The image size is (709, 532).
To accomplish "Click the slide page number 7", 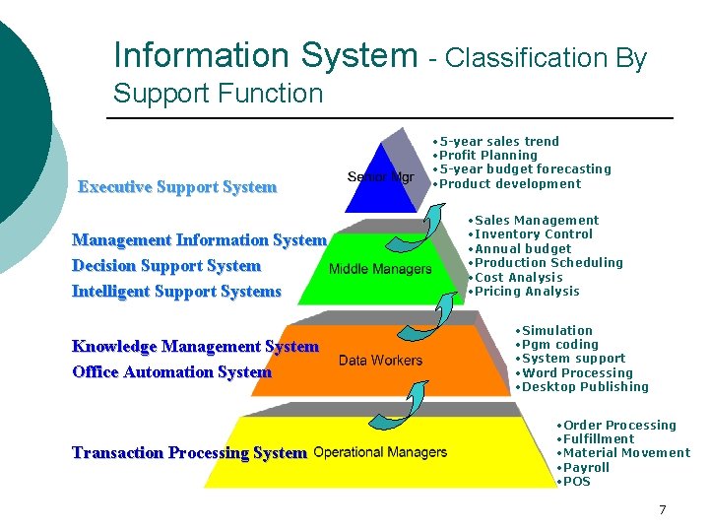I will [662, 510].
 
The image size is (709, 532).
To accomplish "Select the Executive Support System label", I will [177, 187].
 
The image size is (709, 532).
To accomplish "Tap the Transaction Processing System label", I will [189, 453].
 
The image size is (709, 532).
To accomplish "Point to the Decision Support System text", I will [166, 266].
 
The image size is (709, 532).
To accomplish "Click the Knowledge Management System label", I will [195, 347].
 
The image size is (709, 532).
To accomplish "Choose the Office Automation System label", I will [171, 372].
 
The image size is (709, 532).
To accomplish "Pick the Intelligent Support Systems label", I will [176, 292].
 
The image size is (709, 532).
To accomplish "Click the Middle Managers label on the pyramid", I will [380, 269].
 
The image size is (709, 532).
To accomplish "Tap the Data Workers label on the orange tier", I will [380, 361].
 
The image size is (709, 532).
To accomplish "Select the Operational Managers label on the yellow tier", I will [380, 452].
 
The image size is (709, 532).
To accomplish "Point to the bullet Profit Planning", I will [488, 156].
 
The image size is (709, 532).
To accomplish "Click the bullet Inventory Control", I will [533, 234].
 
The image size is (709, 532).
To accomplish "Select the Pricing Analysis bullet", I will [527, 292].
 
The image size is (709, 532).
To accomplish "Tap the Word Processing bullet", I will [577, 373].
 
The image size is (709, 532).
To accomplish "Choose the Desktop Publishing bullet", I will [585, 387].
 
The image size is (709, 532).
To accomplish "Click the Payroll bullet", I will [586, 468].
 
